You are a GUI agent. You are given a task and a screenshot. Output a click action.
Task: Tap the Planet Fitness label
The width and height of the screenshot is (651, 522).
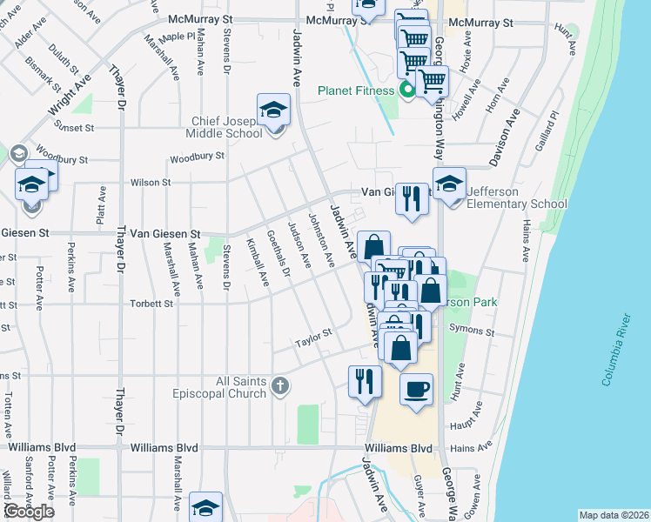point(357,90)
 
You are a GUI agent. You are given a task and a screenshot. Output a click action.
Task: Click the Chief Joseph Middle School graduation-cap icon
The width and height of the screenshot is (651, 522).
point(273,110)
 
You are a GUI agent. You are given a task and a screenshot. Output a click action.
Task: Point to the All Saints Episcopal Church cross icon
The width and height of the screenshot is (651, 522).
point(279,385)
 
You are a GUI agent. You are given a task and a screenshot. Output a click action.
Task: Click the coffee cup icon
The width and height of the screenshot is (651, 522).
point(416,388)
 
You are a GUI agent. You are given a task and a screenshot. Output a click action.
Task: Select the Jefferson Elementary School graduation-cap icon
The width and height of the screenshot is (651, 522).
point(449,184)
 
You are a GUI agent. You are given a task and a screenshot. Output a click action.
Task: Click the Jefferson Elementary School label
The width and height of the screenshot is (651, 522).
point(517,197)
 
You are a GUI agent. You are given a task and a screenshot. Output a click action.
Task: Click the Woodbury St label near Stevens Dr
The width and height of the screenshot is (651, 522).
point(197,157)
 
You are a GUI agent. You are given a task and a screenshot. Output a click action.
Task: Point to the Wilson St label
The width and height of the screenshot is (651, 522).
point(150,183)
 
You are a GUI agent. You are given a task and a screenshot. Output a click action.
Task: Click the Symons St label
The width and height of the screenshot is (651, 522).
point(472,331)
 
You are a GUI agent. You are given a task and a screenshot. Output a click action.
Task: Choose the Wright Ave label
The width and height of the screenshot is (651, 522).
point(71,96)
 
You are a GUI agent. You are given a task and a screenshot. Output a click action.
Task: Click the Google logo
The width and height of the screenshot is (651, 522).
point(29,512)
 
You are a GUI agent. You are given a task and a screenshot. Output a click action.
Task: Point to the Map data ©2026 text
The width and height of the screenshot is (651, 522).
point(614,515)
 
